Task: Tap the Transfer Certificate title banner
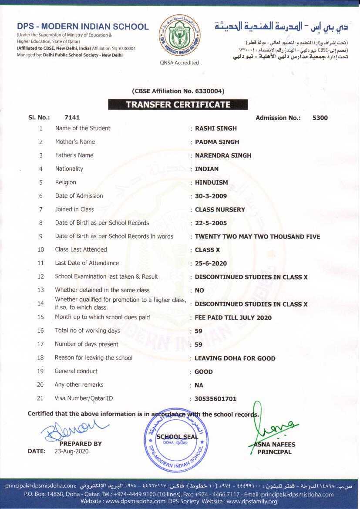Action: [x=178, y=104]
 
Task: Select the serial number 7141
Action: [x=72, y=118]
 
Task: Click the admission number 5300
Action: [x=320, y=118]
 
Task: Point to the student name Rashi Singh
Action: [x=216, y=128]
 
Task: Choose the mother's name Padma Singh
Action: [x=217, y=142]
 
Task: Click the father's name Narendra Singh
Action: [x=223, y=155]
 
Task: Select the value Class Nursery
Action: [x=220, y=209]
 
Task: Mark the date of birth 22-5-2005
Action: [x=211, y=223]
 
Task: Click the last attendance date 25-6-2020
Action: [x=211, y=263]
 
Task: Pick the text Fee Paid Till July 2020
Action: [x=233, y=317]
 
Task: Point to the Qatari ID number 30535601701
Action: [x=215, y=399]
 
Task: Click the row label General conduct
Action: [x=76, y=371]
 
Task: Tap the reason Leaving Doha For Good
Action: [x=235, y=358]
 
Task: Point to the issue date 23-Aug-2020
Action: [x=71, y=452]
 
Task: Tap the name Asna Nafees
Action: [x=274, y=445]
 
